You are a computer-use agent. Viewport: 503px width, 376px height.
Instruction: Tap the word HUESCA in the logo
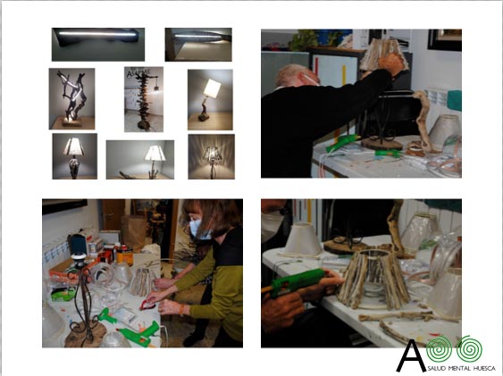[484, 369]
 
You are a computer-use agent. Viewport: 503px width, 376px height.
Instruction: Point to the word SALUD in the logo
[436, 369]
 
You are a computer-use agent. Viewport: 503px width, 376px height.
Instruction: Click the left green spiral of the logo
[440, 349]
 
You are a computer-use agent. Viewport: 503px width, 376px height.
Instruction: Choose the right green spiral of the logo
[469, 349]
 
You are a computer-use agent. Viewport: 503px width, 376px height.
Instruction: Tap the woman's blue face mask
[198, 230]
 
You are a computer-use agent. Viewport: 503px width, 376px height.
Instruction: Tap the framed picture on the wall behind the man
[445, 40]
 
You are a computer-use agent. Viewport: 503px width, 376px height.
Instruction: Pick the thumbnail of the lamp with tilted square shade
[210, 100]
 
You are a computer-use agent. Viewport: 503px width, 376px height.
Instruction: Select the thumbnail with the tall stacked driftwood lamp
[144, 99]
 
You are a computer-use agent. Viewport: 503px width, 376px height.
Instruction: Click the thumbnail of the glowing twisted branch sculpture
[71, 99]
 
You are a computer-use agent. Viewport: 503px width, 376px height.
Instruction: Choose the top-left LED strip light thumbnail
[98, 45]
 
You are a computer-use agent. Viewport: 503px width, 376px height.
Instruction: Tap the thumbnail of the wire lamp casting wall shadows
[212, 156]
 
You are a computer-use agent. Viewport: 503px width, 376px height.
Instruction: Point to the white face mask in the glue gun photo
[272, 225]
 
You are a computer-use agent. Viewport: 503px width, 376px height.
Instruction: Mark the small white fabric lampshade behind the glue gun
[303, 238]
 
